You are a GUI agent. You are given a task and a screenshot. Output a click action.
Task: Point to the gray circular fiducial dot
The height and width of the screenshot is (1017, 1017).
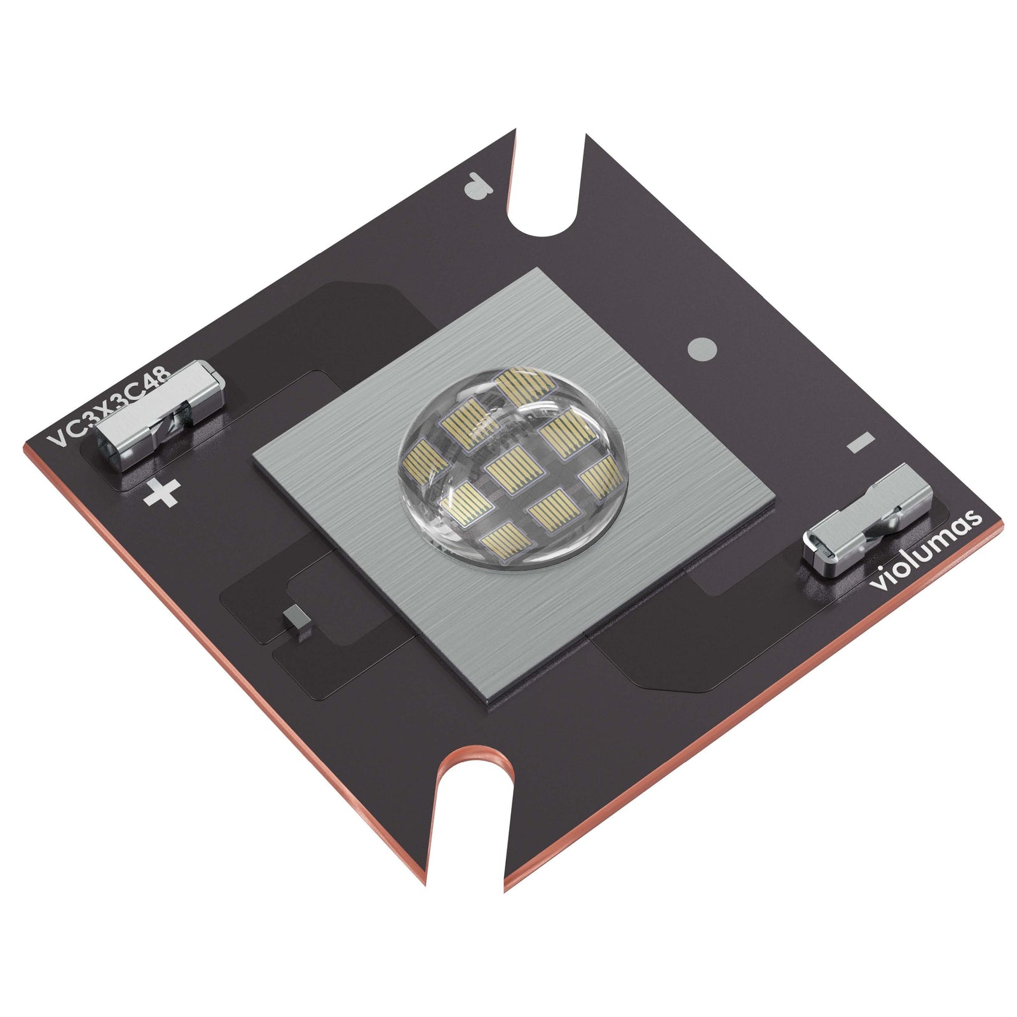click(x=702, y=348)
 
